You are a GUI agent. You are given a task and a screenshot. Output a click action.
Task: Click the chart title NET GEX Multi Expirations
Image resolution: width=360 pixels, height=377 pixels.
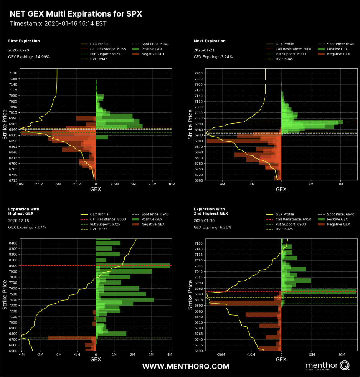[76, 14]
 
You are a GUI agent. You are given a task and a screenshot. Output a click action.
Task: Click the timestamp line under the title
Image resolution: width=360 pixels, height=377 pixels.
[58, 23]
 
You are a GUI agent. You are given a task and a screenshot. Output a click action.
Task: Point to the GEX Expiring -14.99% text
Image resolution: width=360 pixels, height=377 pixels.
[29, 57]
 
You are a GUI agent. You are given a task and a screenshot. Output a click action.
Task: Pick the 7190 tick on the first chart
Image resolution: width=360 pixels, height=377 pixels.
[13, 73]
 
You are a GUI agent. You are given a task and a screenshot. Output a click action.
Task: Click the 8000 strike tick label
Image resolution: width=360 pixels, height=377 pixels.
[13, 266]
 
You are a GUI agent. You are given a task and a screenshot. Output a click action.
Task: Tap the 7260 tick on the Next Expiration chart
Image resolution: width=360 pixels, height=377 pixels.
[198, 73]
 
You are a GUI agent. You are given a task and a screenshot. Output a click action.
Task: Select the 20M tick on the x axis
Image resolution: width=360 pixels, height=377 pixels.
[342, 354]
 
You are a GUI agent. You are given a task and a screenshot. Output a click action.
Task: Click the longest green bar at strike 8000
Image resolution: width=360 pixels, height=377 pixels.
[133, 266]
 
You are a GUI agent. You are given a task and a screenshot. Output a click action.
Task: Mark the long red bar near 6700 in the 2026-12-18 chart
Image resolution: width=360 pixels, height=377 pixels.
[72, 338]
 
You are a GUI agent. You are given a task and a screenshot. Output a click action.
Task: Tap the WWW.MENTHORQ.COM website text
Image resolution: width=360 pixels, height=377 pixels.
[186, 367]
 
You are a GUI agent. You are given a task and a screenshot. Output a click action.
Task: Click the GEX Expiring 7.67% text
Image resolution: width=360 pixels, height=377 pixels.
[27, 227]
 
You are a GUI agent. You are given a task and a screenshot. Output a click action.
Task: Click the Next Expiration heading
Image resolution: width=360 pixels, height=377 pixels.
[210, 41]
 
